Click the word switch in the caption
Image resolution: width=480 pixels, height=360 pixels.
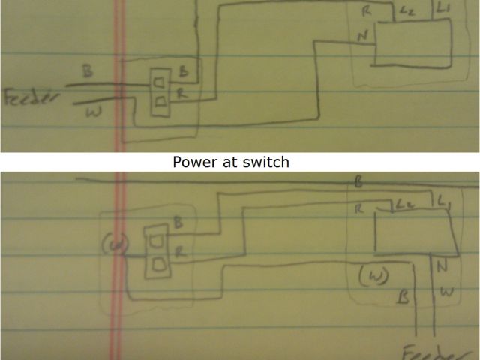(265, 162)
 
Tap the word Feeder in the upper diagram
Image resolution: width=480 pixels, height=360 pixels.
(31, 100)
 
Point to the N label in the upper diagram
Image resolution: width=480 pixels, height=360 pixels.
(362, 37)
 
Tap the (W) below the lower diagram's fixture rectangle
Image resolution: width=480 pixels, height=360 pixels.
(371, 275)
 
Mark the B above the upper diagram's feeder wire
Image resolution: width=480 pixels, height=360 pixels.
(88, 72)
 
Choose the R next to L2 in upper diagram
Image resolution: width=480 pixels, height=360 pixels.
(366, 12)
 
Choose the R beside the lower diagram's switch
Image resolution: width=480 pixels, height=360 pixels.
(179, 253)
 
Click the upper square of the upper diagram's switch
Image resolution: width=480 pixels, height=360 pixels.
(160, 79)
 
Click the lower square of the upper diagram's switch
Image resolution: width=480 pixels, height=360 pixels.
(160, 100)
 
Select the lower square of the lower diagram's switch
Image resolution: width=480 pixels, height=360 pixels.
(158, 263)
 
